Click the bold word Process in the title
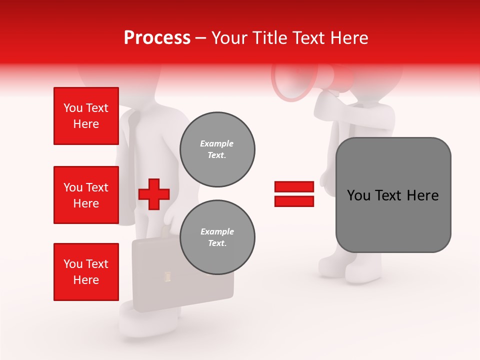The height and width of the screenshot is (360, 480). (157, 38)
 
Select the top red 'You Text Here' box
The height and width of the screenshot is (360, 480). (86, 116)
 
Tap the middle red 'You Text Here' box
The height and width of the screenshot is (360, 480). (86, 195)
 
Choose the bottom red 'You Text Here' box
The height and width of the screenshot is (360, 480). (86, 272)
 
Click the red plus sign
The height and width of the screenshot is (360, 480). (154, 194)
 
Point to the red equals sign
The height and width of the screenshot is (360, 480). (294, 194)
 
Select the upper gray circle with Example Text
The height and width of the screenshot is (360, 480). (217, 149)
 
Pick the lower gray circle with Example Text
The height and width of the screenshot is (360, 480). (217, 237)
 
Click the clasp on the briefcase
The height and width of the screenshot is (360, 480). (167, 275)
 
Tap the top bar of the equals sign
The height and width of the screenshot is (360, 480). (294, 186)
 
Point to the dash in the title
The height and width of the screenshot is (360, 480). (201, 38)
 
